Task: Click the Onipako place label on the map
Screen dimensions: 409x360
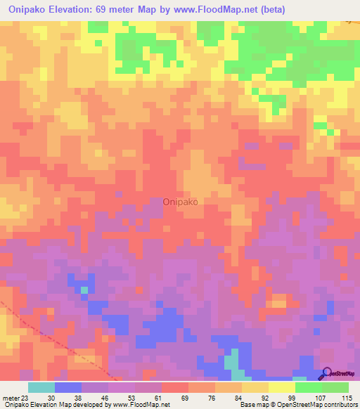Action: tap(180, 201)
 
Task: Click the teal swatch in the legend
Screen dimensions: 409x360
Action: tap(41, 387)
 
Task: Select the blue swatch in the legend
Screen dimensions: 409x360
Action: tap(67, 387)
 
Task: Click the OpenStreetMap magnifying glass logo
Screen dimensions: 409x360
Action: tap(326, 374)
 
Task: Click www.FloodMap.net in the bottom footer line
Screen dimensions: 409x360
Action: tap(140, 405)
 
